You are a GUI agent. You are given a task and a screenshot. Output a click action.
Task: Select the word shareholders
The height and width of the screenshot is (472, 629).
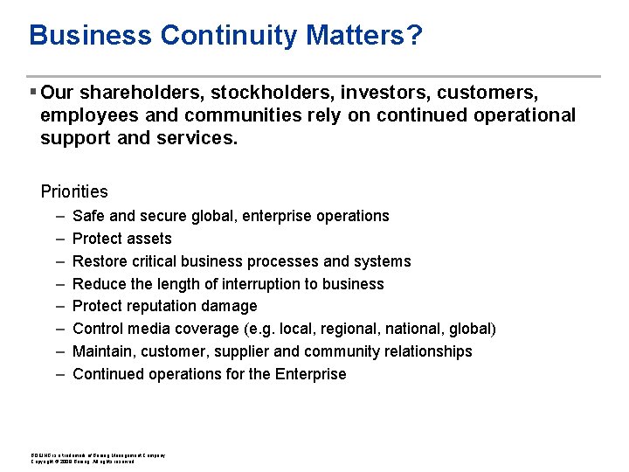tap(138, 92)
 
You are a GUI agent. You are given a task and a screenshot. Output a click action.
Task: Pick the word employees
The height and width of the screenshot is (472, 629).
tap(86, 115)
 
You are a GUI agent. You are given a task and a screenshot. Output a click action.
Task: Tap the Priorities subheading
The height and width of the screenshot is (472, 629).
tap(74, 191)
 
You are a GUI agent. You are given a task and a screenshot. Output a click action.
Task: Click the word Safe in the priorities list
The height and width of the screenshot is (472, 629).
tap(88, 216)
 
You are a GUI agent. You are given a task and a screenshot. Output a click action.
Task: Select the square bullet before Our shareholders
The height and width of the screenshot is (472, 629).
tap(32, 92)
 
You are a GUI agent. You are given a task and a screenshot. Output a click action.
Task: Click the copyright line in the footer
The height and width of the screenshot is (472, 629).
tap(83, 462)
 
